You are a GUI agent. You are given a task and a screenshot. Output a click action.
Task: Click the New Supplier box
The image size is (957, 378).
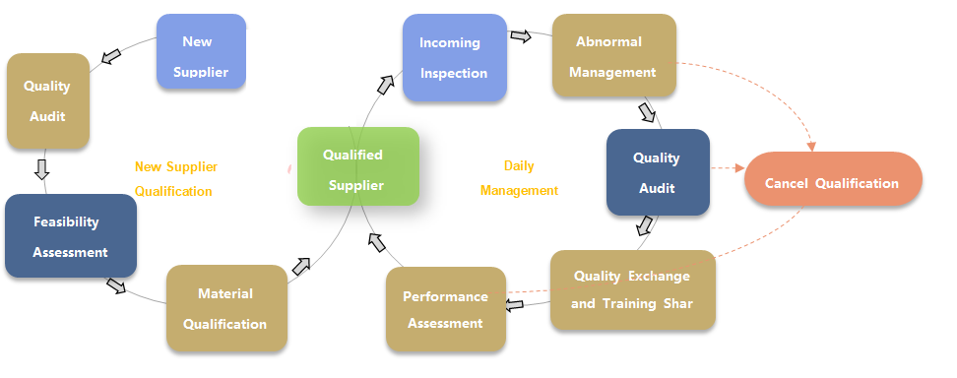(202, 51)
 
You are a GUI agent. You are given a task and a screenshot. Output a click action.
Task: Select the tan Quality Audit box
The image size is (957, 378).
(48, 101)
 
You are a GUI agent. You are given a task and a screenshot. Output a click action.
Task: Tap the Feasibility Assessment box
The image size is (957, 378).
(71, 235)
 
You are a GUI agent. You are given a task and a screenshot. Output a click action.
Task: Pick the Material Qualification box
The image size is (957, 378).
(226, 308)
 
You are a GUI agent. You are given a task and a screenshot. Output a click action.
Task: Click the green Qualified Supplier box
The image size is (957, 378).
(358, 166)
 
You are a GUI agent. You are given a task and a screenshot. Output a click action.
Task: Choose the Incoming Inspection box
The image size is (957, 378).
(455, 57)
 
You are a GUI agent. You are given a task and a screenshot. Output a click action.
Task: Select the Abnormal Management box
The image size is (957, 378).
(614, 55)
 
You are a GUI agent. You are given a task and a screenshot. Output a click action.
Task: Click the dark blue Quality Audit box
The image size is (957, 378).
(658, 172)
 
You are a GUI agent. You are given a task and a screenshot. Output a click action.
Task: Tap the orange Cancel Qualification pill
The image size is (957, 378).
(833, 178)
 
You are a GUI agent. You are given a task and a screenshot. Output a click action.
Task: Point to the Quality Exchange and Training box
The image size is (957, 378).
(633, 290)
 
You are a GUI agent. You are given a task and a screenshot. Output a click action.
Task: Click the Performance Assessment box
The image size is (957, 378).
(446, 310)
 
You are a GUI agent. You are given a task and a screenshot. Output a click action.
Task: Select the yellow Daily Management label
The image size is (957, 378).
(520, 178)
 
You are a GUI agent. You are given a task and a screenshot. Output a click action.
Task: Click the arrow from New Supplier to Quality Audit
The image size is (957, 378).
(111, 57)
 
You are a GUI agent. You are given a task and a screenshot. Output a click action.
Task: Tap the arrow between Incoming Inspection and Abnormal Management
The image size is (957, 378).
(521, 36)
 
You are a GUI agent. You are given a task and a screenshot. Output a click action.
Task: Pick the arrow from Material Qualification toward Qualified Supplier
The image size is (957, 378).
(301, 266)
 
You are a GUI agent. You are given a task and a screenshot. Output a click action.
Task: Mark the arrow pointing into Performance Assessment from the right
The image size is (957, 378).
(515, 304)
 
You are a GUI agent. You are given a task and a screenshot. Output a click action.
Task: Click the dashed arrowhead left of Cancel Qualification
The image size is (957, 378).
(739, 168)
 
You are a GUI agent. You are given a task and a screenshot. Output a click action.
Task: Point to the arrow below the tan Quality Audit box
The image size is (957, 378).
(41, 169)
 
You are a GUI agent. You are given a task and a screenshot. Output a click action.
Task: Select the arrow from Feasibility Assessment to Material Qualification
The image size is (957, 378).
(116, 285)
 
